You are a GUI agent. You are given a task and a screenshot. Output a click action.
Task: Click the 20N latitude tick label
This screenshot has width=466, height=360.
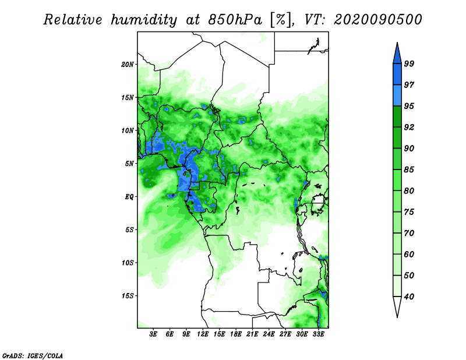click(128, 64)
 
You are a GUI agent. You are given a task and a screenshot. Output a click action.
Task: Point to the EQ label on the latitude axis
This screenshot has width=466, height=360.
click(129, 196)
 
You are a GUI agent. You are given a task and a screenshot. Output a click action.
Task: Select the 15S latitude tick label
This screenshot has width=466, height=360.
click(128, 296)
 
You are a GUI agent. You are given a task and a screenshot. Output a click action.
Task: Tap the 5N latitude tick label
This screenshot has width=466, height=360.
click(129, 164)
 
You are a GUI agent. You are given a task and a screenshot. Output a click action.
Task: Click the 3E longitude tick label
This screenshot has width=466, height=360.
click(153, 334)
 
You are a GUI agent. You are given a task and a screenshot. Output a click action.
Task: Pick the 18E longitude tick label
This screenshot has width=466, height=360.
click(236, 334)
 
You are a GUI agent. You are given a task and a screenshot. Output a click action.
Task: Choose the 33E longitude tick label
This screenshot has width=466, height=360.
click(318, 334)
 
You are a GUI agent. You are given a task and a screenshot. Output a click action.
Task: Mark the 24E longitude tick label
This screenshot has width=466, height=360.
click(269, 334)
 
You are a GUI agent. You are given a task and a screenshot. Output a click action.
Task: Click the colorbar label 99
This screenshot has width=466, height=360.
click(409, 63)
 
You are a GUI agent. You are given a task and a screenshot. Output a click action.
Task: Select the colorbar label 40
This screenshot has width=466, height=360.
click(409, 297)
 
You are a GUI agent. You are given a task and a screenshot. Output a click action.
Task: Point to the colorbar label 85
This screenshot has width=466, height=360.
click(409, 170)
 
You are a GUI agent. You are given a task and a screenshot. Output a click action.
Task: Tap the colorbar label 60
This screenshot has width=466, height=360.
click(409, 254)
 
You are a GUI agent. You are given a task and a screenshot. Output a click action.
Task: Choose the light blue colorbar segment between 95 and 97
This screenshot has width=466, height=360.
click(397, 96)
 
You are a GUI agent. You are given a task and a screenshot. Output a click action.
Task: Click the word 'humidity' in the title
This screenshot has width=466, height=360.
click(144, 20)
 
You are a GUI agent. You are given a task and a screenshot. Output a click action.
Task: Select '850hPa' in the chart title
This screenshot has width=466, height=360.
click(235, 20)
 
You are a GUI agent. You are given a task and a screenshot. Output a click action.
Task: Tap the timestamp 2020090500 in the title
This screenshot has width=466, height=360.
click(377, 20)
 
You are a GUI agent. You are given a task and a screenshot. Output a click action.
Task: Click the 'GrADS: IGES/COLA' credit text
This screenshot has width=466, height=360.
click(33, 355)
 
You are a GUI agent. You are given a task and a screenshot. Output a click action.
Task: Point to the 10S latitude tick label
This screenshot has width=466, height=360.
click(128, 263)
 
